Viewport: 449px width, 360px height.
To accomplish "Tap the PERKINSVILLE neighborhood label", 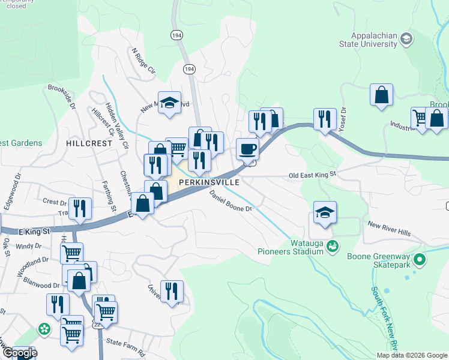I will [209, 182].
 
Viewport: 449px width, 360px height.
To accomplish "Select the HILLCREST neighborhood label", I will [89, 144].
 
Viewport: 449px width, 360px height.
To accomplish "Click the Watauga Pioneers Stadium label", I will [291, 247].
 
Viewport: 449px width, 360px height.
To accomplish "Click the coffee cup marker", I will [247, 149].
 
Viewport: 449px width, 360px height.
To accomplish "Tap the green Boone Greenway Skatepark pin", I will [420, 260].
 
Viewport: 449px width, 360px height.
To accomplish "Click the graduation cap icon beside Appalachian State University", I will [406, 40].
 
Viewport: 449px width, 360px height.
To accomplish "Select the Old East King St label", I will [313, 175].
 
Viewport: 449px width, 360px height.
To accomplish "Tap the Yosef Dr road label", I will [343, 119].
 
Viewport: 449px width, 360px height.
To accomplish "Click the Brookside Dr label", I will [61, 97].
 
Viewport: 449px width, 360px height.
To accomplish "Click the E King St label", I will [33, 230].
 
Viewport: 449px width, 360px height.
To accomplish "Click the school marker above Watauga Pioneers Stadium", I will [325, 212].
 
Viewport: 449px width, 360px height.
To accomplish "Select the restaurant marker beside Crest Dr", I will [80, 208].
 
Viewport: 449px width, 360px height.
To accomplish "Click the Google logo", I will [20, 353].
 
